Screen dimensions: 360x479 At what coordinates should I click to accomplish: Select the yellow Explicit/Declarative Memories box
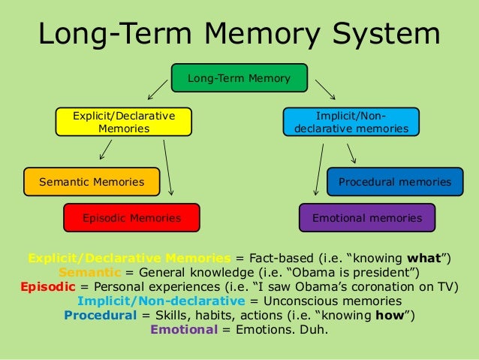[x=124, y=123]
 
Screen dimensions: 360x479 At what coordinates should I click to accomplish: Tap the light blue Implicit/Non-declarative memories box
[x=351, y=123]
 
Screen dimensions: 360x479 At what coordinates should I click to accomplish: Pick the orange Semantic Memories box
[x=92, y=182]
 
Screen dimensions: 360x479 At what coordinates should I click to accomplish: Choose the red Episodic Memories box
[x=131, y=218]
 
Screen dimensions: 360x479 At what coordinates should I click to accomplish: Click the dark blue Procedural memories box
[x=394, y=182]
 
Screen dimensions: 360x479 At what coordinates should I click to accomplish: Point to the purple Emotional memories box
[x=366, y=218]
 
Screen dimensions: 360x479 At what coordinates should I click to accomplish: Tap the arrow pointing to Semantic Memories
[x=106, y=152]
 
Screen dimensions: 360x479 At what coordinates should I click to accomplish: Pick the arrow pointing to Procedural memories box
[x=351, y=153]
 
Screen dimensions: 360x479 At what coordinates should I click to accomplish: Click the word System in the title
[x=381, y=35]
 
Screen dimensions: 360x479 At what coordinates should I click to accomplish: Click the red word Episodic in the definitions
[x=46, y=286]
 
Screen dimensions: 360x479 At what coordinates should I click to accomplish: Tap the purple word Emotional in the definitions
[x=183, y=328]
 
